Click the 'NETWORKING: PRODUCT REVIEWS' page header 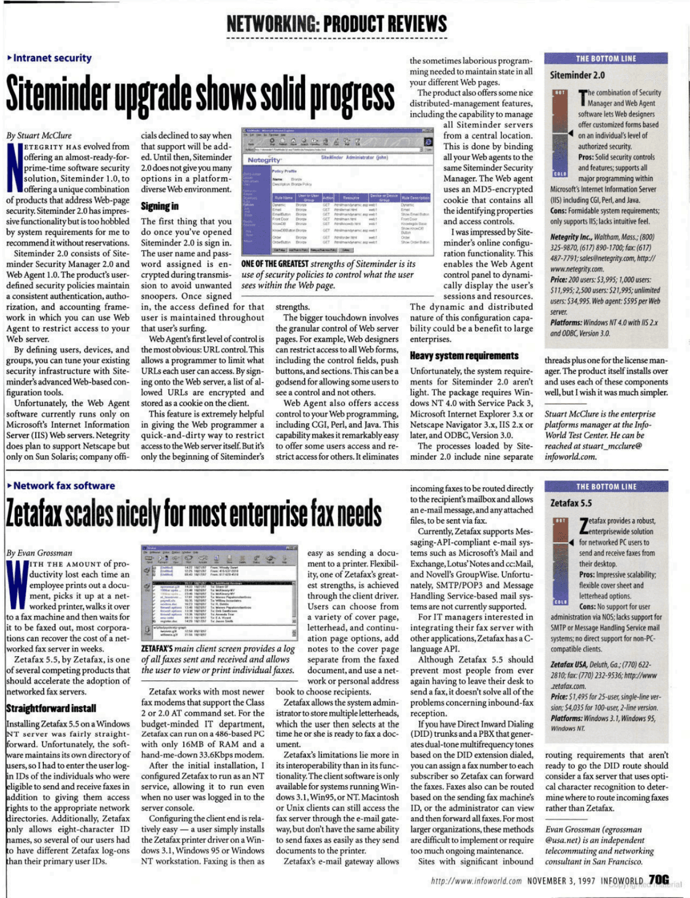[336, 24]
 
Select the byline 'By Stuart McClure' [39, 136]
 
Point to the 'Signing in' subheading [160, 206]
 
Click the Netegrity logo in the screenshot [264, 159]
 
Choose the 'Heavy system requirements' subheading [464, 356]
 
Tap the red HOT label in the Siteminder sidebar [559, 93]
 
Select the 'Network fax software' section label [63, 486]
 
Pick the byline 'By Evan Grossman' [39, 553]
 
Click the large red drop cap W [17, 585]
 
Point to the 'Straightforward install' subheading [51, 708]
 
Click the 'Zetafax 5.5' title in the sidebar [571, 503]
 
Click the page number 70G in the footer [658, 880]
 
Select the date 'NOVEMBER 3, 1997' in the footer [560, 881]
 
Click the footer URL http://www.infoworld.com [476, 881]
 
